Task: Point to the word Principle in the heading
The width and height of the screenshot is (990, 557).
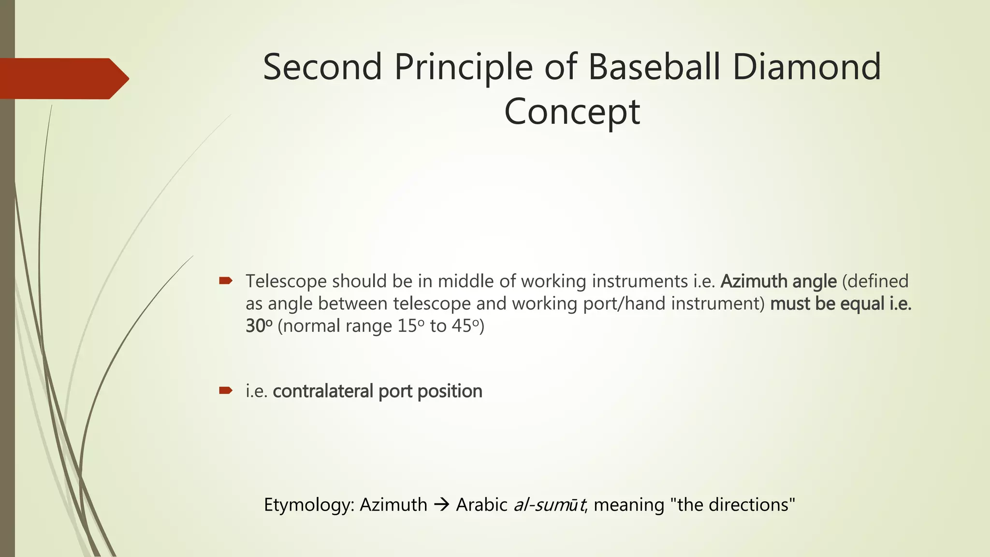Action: click(463, 68)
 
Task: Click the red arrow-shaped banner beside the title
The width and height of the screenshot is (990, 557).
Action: click(63, 78)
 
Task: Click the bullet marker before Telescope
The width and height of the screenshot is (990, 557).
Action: click(226, 280)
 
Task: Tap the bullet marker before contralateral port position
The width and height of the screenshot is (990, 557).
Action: click(226, 390)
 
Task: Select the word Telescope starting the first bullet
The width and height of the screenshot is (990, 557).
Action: click(286, 281)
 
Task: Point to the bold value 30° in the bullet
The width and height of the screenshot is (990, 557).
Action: click(259, 326)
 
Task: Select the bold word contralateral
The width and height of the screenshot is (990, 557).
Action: click(323, 391)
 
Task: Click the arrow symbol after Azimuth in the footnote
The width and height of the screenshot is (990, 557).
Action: click(441, 505)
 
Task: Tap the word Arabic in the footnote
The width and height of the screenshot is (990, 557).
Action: click(481, 505)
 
